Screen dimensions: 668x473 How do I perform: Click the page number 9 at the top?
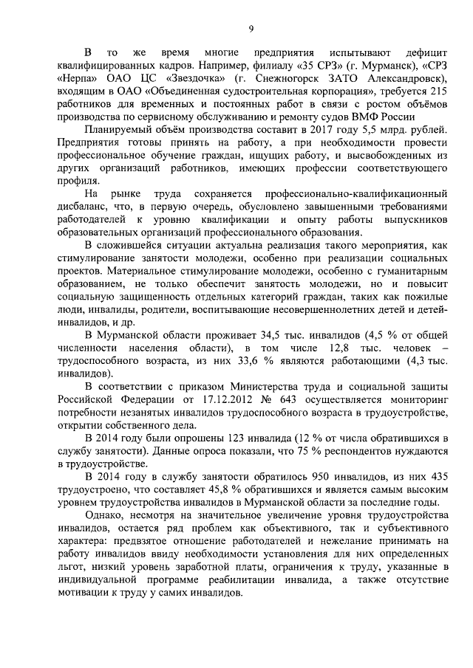pos(251,29)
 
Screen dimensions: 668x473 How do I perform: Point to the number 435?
pos(433,476)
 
